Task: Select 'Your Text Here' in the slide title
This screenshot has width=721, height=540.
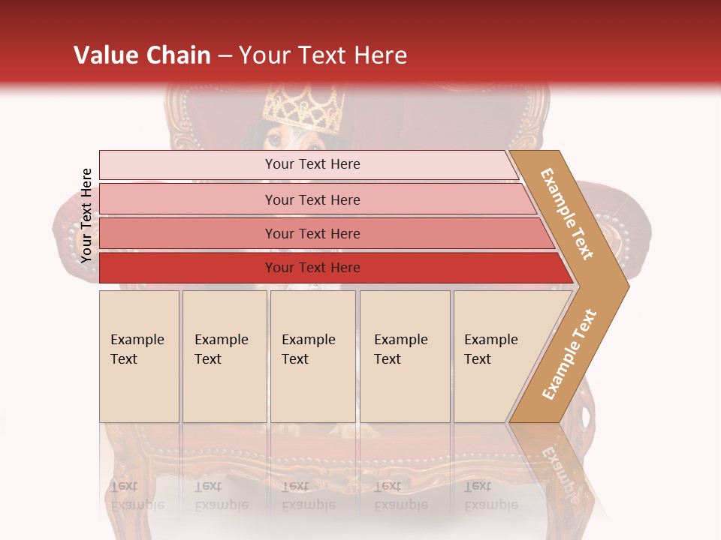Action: [322, 55]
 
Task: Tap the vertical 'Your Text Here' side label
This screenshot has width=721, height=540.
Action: [86, 216]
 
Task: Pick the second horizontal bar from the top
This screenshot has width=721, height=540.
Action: [312, 199]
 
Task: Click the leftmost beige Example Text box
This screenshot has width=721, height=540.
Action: [139, 355]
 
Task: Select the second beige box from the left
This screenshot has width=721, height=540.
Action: [225, 355]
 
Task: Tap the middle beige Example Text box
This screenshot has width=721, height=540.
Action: [312, 355]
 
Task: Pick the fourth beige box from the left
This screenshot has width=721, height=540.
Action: [405, 355]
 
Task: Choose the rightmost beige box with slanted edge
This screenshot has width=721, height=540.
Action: [496, 355]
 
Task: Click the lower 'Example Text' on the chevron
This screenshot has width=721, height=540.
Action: [569, 354]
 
